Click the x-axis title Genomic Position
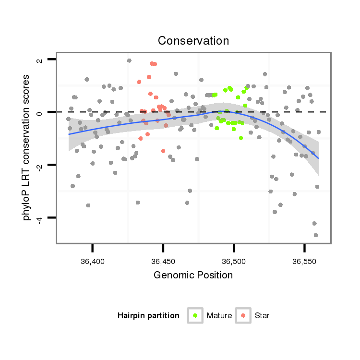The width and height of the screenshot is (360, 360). click(x=193, y=275)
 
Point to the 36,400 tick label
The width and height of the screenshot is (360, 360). click(x=93, y=261)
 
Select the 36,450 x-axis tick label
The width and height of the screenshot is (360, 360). click(x=163, y=261)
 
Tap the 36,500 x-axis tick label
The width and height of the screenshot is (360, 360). click(x=234, y=261)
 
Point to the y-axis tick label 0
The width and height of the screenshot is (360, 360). click(x=40, y=112)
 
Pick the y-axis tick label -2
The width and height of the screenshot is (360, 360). click(x=40, y=165)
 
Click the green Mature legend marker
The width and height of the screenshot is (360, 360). click(x=195, y=315)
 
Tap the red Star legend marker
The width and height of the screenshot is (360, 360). click(x=243, y=315)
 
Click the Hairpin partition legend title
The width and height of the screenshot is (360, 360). click(x=148, y=316)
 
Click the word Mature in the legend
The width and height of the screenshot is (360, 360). click(x=219, y=316)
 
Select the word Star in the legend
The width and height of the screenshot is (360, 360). click(x=262, y=316)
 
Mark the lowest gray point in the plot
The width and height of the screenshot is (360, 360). click(x=316, y=235)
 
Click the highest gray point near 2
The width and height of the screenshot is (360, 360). click(x=129, y=60)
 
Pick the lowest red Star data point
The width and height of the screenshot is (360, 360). click(x=163, y=151)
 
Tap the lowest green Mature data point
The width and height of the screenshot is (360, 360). click(x=241, y=138)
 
